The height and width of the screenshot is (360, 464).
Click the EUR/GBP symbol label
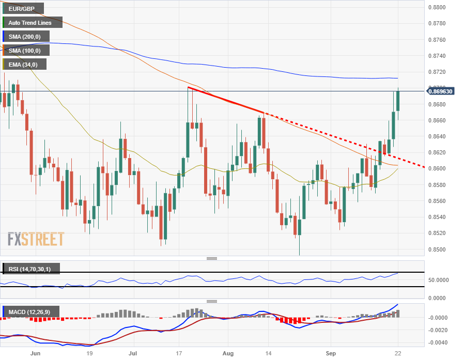click(x=23, y=9)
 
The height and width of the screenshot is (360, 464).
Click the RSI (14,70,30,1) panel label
click(x=31, y=269)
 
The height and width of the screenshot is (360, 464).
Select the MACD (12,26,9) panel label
click(x=31, y=311)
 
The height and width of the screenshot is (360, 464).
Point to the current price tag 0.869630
click(x=441, y=91)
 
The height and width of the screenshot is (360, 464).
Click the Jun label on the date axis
click(x=35, y=354)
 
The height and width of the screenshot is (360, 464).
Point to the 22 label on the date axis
click(x=398, y=354)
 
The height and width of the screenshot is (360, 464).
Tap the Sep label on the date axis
click(x=331, y=354)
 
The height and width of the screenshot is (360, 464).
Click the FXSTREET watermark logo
click(x=36, y=239)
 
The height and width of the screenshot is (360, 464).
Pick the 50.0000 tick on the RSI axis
click(x=439, y=280)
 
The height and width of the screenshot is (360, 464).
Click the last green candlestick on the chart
click(x=398, y=101)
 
